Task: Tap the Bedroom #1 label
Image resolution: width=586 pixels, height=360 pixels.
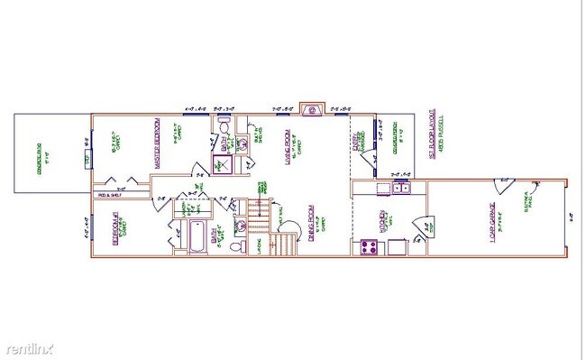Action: coord(116,229)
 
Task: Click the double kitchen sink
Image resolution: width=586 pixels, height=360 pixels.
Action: coord(397,188)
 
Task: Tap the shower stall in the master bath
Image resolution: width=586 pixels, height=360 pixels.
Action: coord(221,164)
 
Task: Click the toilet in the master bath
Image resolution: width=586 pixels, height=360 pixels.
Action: coord(224,128)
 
